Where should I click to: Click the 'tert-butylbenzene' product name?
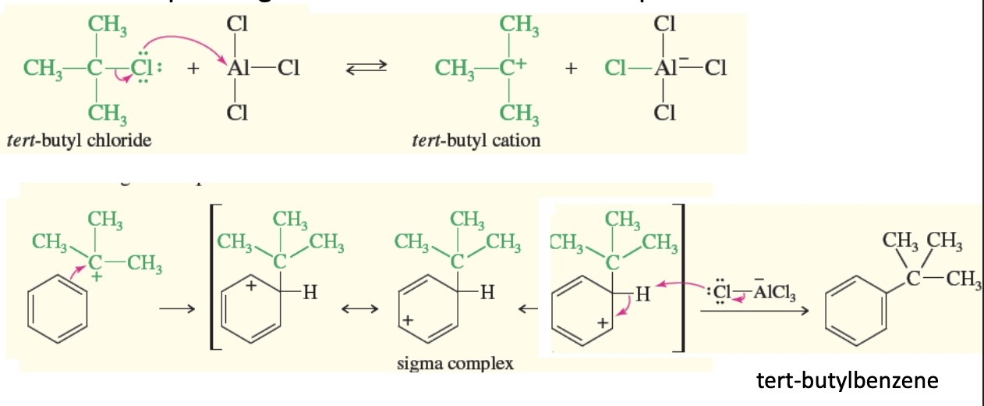point(847,381)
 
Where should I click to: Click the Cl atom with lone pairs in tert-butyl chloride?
point(145,68)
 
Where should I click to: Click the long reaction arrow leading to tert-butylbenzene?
point(752,311)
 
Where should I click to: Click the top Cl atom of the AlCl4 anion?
point(664,23)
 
